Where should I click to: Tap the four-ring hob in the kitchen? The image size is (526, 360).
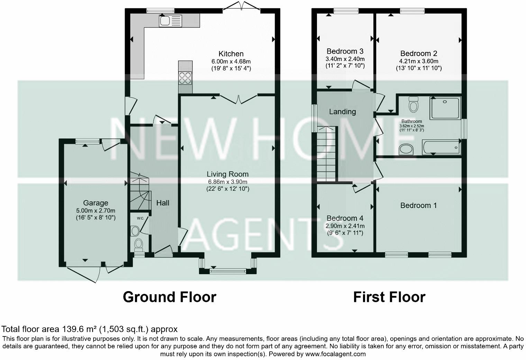point(185,78)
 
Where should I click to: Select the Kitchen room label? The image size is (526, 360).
point(231,54)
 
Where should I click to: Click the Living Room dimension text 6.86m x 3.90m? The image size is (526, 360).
point(227,182)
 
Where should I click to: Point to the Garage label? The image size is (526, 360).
point(96,203)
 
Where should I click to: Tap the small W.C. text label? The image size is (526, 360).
point(140,218)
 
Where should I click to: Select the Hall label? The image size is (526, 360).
point(163,203)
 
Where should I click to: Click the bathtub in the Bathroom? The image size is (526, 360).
point(441,147)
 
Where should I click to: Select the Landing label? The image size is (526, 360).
point(342,111)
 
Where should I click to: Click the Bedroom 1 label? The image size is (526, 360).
point(418,205)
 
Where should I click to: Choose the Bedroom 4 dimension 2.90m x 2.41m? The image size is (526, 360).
point(345,226)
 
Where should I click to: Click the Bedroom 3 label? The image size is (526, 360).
point(345,51)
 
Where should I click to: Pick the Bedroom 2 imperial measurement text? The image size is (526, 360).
point(418,68)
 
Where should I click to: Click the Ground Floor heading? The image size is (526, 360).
point(169,297)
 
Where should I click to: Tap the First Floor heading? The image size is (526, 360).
point(389,297)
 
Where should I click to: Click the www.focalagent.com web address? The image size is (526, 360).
point(335,354)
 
